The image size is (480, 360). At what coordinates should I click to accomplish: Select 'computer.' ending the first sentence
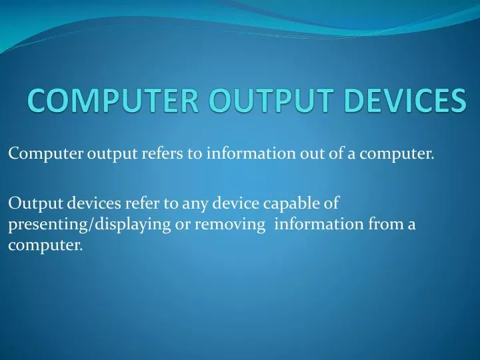click(397, 155)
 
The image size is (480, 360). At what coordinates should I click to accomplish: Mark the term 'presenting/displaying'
click(89, 225)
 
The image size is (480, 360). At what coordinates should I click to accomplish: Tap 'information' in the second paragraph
click(319, 224)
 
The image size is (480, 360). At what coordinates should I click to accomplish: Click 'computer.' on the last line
click(45, 245)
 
